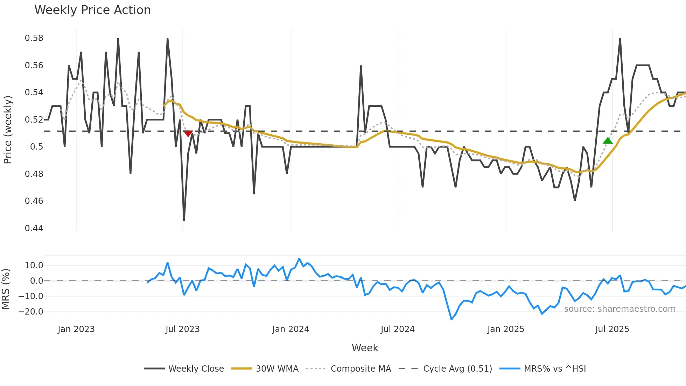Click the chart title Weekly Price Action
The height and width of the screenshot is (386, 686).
tap(92, 10)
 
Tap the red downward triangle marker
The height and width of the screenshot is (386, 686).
tap(188, 133)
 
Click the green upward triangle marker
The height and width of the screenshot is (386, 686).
tap(608, 141)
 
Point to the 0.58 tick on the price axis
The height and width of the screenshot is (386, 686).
tap(34, 38)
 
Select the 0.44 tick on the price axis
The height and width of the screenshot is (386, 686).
tap(34, 228)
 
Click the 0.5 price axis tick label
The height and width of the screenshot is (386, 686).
tap(36, 147)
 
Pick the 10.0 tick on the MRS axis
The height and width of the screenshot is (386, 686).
tap(34, 266)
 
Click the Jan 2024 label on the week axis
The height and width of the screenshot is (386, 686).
tap(290, 329)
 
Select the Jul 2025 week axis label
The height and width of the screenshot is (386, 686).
tap(612, 329)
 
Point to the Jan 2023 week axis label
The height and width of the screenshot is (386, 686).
tap(76, 329)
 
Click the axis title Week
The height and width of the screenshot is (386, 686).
tap(365, 348)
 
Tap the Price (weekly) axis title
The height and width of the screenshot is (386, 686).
tap(8, 130)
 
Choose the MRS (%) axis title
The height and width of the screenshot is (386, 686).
tap(6, 289)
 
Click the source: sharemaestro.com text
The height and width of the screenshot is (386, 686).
tap(619, 309)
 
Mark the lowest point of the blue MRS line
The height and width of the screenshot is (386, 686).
tap(451, 319)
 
